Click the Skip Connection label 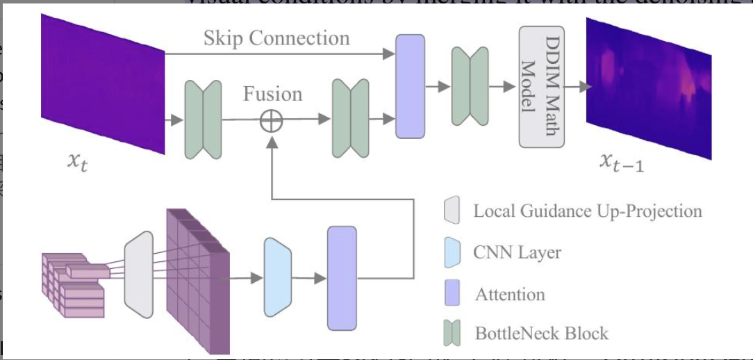276,38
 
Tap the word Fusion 272,93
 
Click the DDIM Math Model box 543,86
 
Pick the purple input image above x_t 104,84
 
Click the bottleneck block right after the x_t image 203,119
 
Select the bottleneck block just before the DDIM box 470,87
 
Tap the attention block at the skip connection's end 409,86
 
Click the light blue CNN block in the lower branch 278,277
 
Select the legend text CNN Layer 517,252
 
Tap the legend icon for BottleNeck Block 451,334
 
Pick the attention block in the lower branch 342,277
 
